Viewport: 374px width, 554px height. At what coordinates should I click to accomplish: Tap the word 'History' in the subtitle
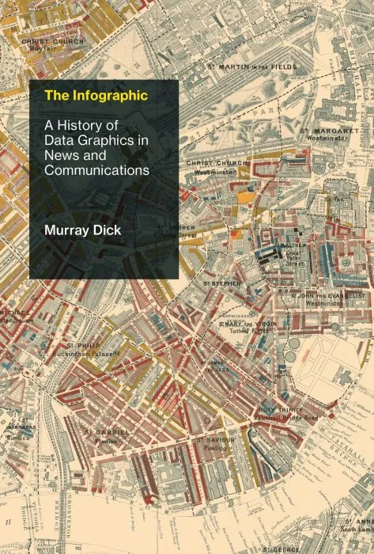click(85, 124)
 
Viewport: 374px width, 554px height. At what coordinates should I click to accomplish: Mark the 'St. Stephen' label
click(222, 283)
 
